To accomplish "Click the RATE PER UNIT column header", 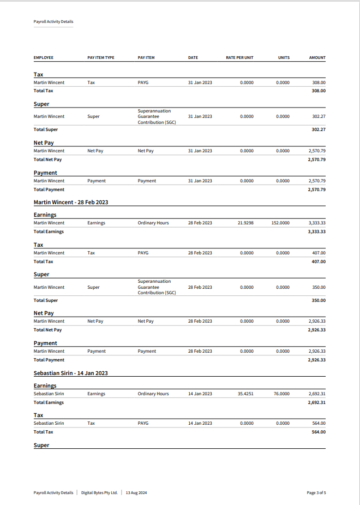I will [239, 58].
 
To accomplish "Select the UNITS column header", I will [284, 58].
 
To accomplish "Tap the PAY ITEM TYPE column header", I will [101, 58].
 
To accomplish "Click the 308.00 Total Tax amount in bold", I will [319, 91].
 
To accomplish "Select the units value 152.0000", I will [280, 223].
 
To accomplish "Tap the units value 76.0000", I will [281, 394].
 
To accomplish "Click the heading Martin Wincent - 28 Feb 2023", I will [71, 202].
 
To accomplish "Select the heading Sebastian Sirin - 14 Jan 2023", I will [70, 373].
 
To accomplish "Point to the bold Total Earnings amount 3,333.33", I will [316, 231].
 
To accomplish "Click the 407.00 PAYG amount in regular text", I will [319, 253].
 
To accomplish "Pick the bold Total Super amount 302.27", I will [319, 129].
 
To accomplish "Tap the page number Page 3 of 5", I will [316, 492].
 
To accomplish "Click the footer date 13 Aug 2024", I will [136, 492].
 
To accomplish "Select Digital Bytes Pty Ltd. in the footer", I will [99, 492].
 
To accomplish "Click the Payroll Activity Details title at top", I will [53, 22].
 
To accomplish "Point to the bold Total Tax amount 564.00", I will [319, 432].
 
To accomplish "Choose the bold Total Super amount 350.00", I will [319, 300].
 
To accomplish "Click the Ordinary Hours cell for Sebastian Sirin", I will [153, 394].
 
